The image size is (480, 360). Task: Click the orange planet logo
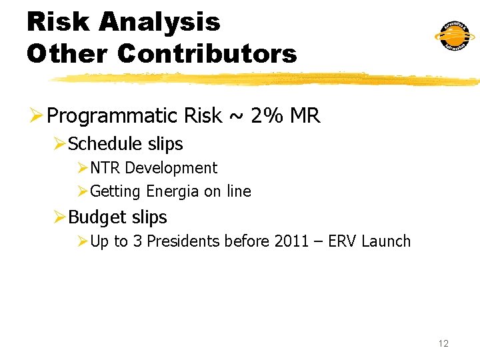tap(455, 36)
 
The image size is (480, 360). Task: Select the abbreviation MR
tap(305, 116)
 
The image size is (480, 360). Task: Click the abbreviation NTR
tap(105, 168)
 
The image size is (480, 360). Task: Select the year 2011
tap(291, 241)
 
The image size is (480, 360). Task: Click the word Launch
tap(386, 241)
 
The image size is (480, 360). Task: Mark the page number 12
tap(443, 343)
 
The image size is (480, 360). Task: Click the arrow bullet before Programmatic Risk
tap(36, 117)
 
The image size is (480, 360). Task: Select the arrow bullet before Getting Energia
tap(82, 192)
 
